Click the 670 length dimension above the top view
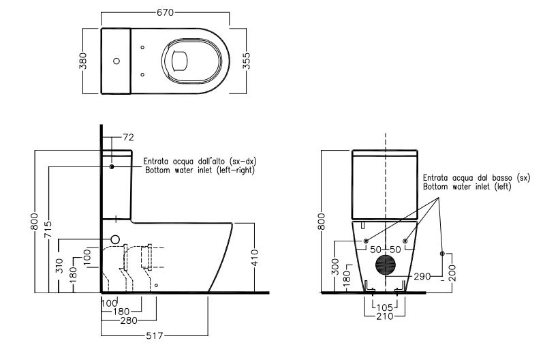166,12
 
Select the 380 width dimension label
83,61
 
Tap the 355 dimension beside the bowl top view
246,61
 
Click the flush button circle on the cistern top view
116,61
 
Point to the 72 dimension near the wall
128,137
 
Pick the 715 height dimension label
48,230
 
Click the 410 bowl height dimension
254,258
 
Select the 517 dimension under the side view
155,335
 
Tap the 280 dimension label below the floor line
129,320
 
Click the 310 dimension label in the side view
59,266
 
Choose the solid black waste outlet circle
386,265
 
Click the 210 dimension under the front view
385,316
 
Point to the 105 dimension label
385,307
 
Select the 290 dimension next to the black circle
422,276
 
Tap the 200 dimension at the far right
452,273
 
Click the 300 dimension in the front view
335,267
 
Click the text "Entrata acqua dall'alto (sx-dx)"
200,161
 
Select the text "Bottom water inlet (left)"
467,187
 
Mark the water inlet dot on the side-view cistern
112,166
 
